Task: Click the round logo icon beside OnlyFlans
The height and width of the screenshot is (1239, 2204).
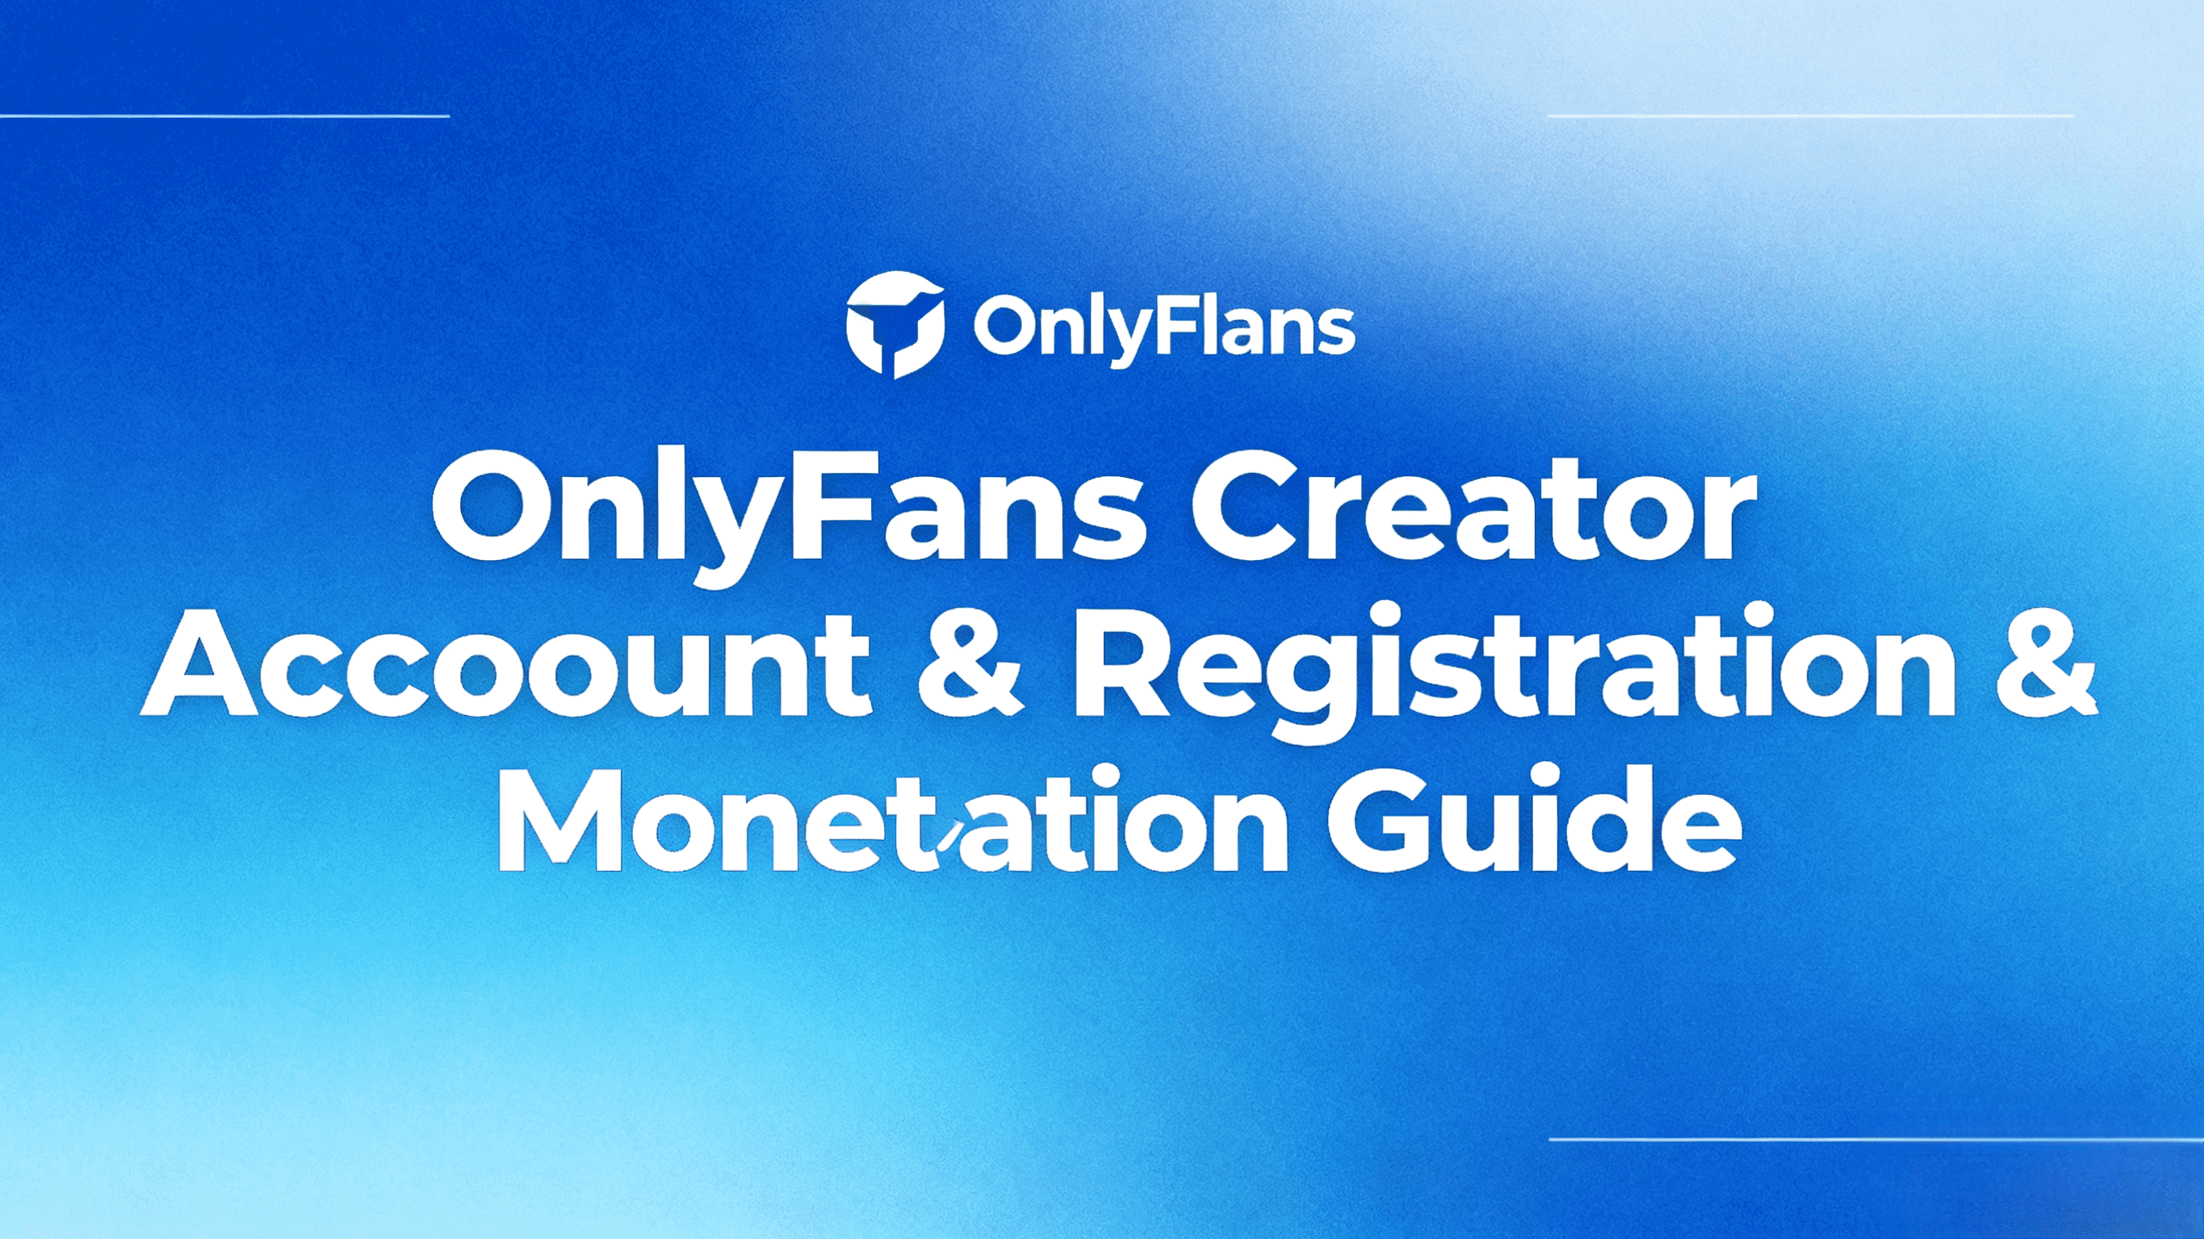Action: (x=895, y=325)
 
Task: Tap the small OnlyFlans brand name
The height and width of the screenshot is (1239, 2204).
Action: (x=1164, y=329)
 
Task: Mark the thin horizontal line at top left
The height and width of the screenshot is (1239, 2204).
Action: (x=224, y=115)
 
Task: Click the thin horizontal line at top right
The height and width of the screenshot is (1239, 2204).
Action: (x=1812, y=115)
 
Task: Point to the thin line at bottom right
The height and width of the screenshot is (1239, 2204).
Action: (x=1876, y=1140)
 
